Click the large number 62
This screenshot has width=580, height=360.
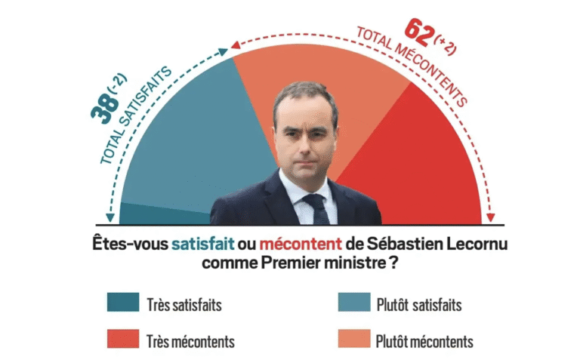click(x=421, y=32)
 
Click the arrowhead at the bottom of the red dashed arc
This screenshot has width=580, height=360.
click(x=492, y=218)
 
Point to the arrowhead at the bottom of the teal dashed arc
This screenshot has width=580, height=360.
click(x=110, y=218)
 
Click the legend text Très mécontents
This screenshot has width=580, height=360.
click(x=190, y=340)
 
